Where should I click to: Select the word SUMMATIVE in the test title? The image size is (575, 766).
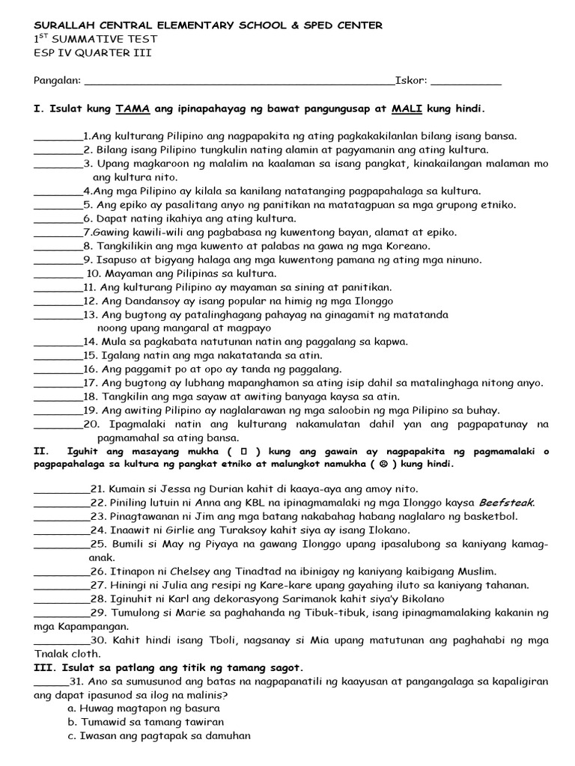tap(87, 39)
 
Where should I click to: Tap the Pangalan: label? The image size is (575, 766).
tap(57, 81)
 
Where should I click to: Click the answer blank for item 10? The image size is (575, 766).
tap(58, 274)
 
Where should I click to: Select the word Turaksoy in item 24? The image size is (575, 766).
tap(245, 530)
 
